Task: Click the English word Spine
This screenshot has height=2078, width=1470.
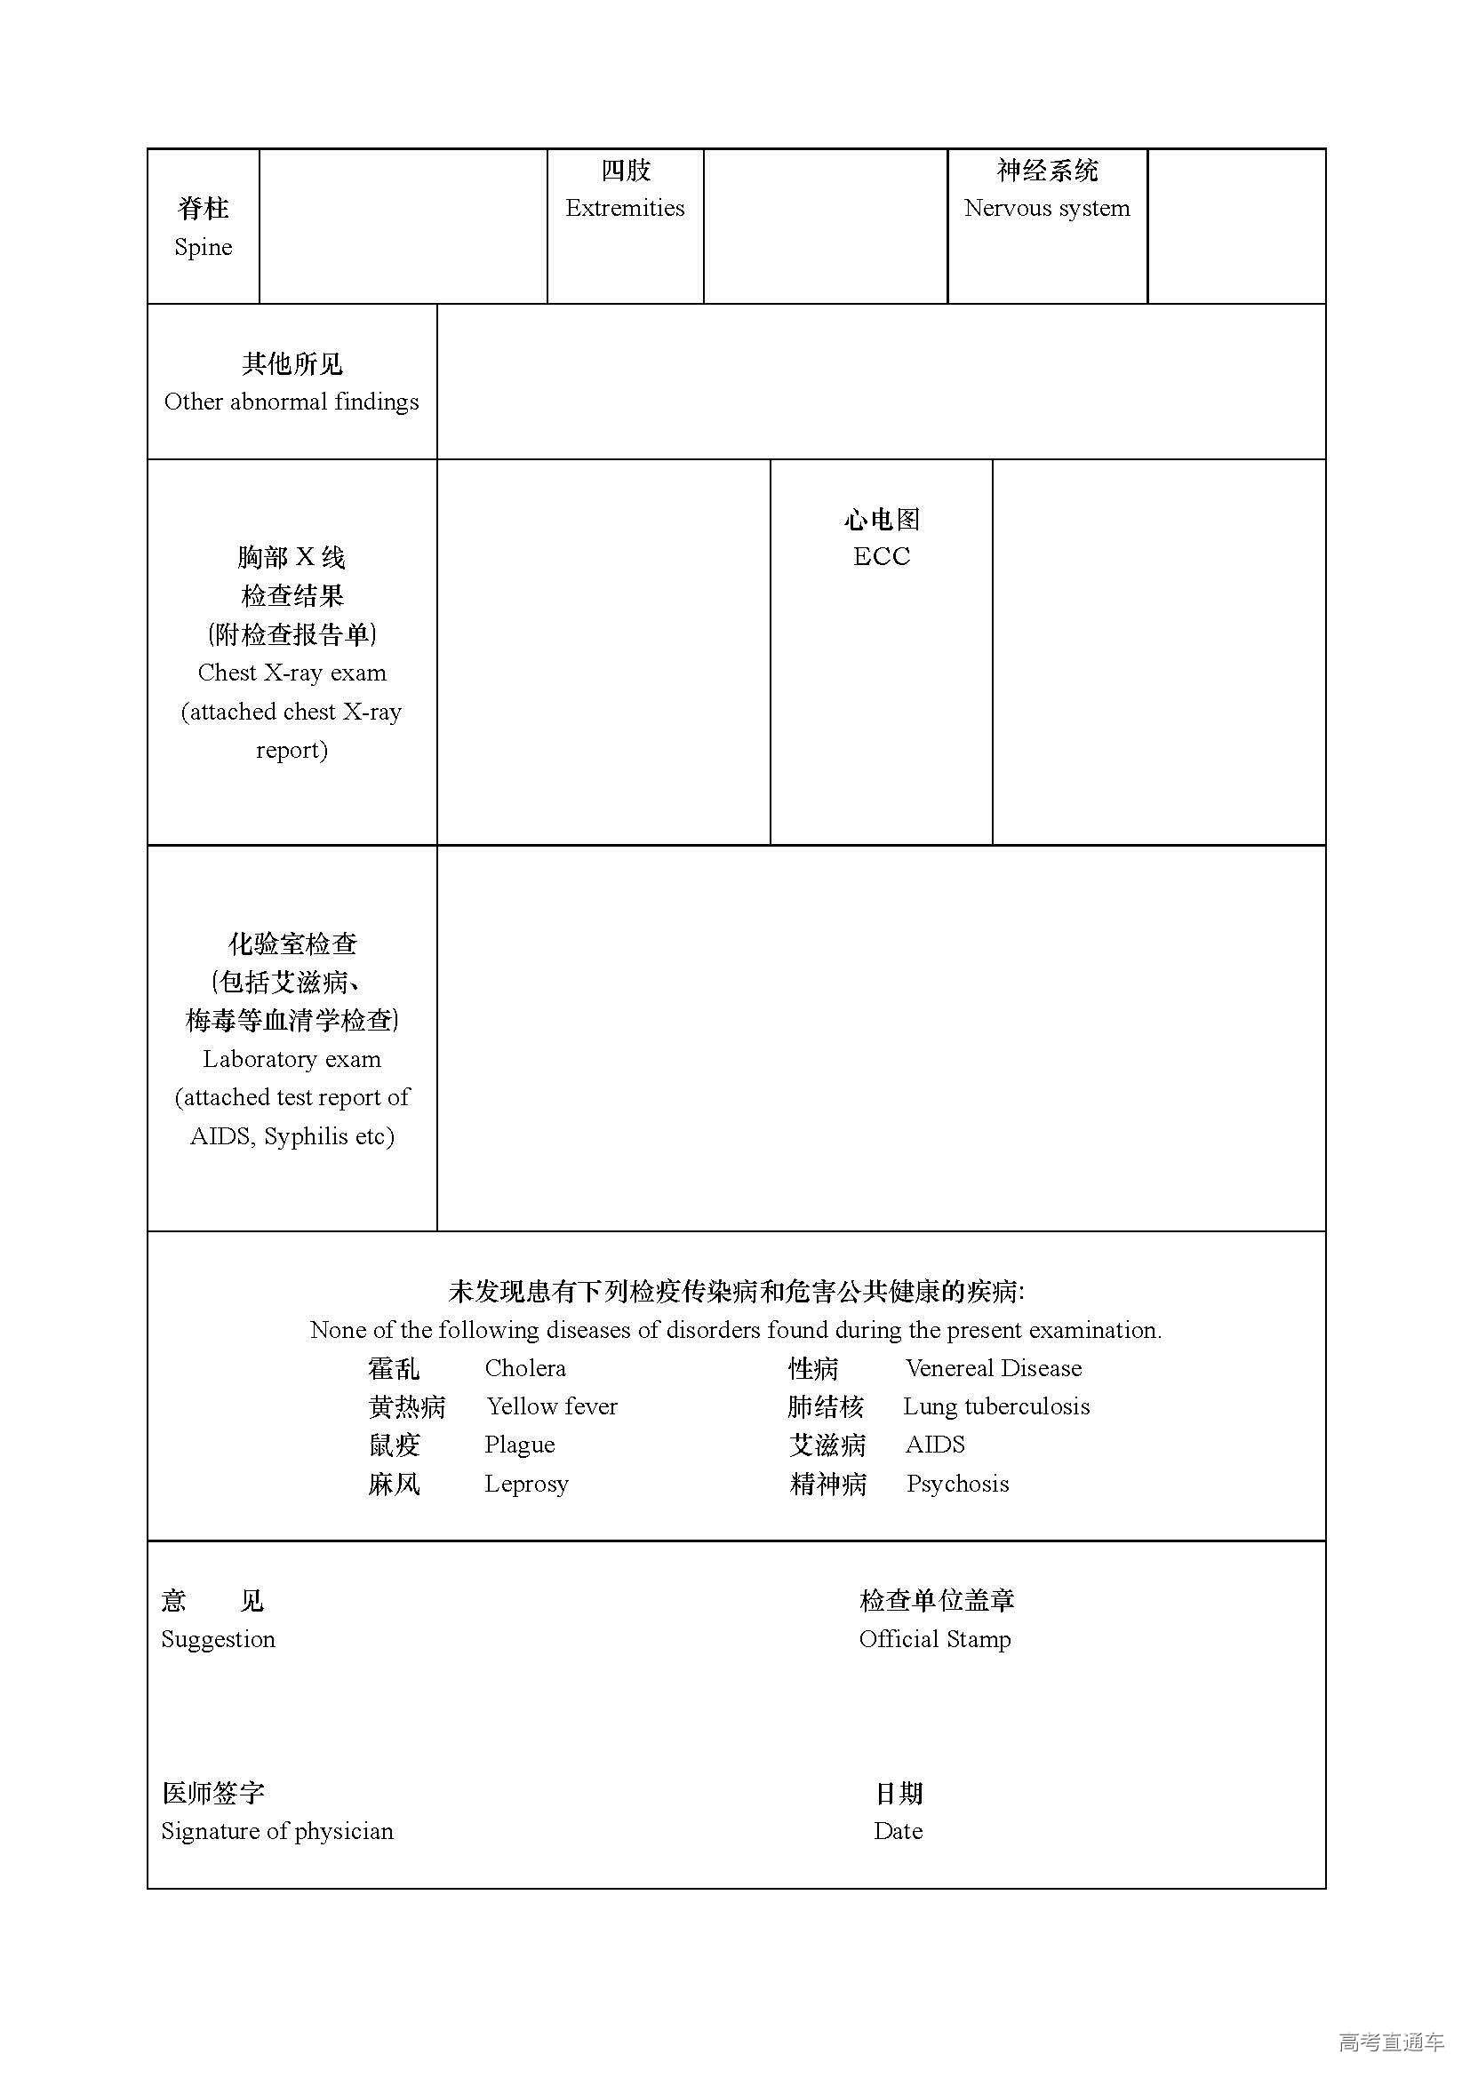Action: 203,247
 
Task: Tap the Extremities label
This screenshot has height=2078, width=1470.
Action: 625,208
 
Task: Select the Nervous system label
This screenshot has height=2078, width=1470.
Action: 1046,208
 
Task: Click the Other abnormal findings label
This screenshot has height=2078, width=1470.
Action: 292,402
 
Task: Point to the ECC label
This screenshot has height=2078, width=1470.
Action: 881,557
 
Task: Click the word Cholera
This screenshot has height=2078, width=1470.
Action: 525,1367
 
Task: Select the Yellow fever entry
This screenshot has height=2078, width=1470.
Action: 552,1405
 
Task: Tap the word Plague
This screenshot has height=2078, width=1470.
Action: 520,1445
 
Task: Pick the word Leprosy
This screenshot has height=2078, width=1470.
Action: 526,1484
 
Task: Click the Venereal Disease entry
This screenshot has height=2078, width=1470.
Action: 993,1367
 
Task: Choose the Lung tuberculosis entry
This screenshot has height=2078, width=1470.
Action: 995,1405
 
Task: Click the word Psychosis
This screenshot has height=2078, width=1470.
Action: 958,1484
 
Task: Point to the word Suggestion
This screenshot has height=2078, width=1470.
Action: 218,1639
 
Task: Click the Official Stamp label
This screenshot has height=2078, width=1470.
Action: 934,1639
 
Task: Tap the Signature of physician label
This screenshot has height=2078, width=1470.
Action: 277,1831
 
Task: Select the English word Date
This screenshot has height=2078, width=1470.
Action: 898,1831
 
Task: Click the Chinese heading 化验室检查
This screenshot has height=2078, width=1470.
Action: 292,944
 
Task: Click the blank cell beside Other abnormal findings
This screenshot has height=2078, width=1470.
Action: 880,382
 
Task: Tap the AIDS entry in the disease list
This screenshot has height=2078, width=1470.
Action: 935,1445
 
